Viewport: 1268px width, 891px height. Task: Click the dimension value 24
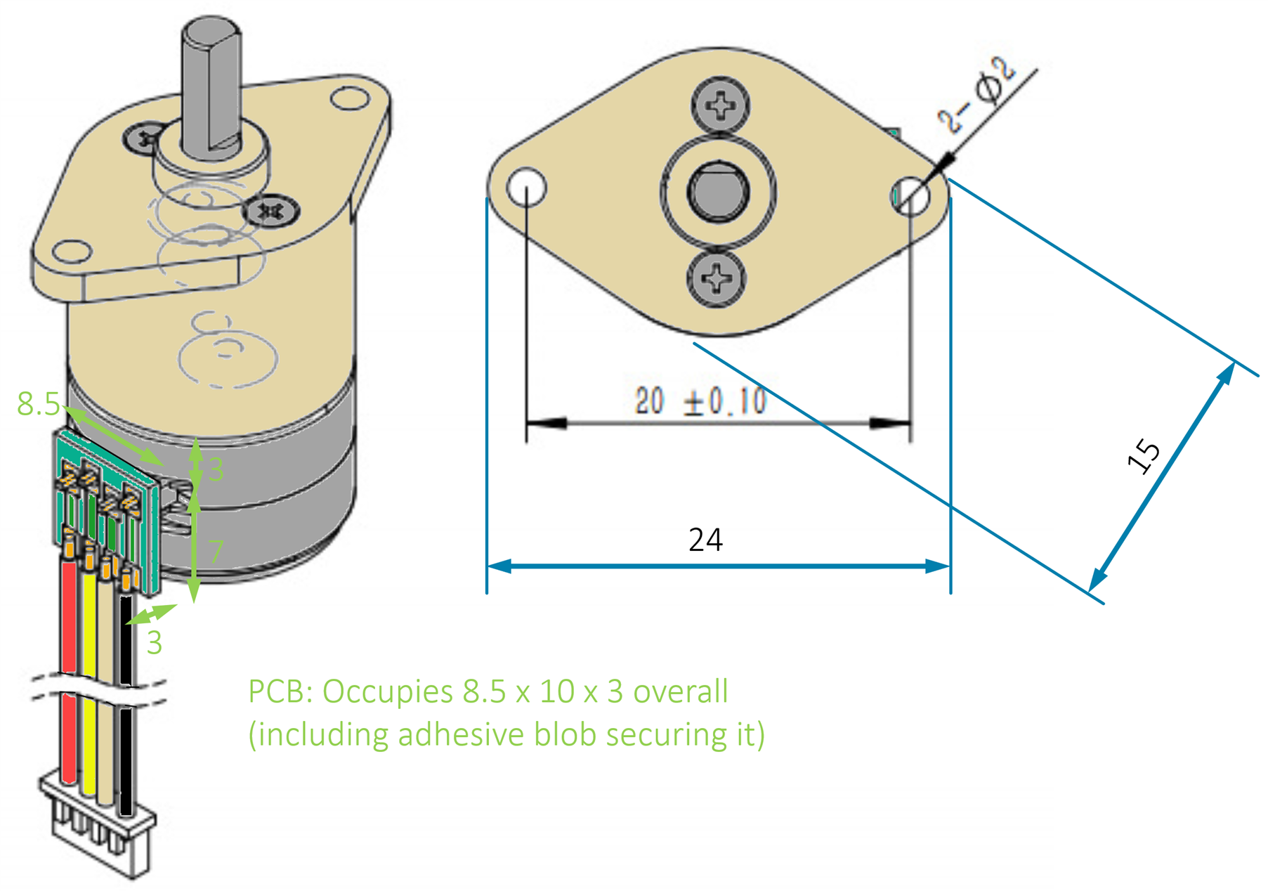pyautogui.click(x=705, y=540)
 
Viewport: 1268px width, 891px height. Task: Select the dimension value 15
pyautogui.click(x=1144, y=456)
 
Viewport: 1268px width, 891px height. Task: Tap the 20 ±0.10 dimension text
pyautogui.click(x=700, y=401)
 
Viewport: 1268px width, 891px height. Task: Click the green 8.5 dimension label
pyautogui.click(x=39, y=404)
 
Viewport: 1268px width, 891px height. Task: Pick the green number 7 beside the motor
pyautogui.click(x=216, y=552)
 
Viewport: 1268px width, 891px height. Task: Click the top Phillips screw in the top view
pyautogui.click(x=720, y=105)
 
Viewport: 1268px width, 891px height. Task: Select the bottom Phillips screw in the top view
pyautogui.click(x=717, y=278)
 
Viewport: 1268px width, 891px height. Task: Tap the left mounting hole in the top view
pyautogui.click(x=526, y=187)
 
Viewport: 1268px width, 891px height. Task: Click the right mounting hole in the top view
pyautogui.click(x=911, y=195)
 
